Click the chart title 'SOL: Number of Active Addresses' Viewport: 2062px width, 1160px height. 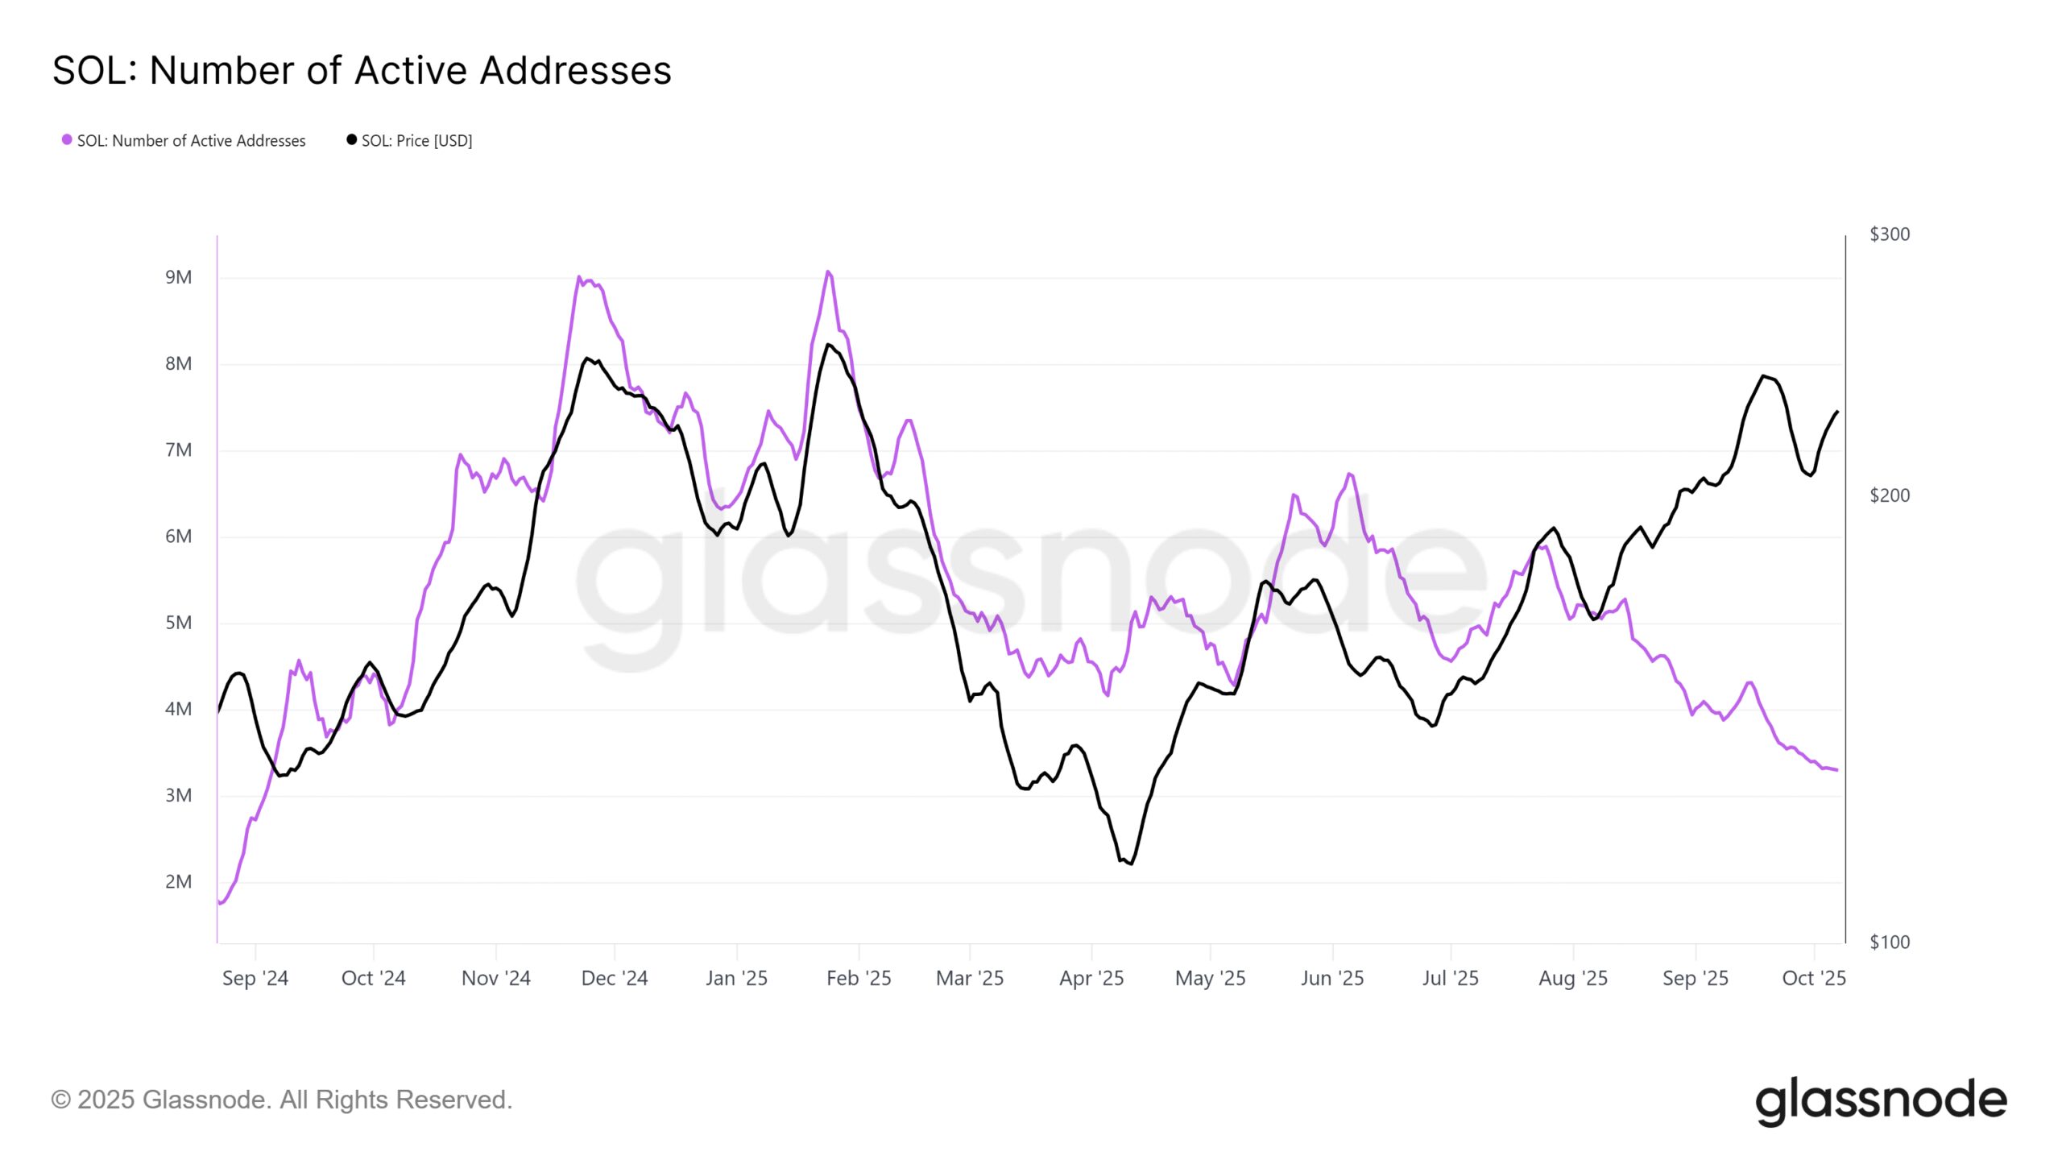tap(362, 70)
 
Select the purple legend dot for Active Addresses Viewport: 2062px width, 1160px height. tap(67, 139)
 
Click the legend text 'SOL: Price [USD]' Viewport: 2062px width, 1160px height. tap(416, 141)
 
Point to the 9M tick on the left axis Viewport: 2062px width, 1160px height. tap(178, 278)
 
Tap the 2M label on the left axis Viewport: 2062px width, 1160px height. tap(178, 882)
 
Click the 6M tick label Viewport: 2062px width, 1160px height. tap(178, 536)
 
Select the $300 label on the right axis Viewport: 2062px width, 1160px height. tap(1889, 234)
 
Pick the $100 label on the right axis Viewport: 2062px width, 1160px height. tap(1889, 942)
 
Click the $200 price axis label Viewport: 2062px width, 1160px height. tap(1889, 495)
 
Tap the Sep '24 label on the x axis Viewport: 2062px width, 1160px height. tap(255, 979)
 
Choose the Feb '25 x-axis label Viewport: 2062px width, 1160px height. tap(859, 979)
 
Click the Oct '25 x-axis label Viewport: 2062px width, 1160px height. tap(1813, 979)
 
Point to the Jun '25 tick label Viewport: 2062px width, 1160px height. tap(1332, 979)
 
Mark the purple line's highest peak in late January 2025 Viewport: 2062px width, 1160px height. tap(828, 272)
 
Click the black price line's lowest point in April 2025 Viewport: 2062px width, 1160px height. tap(1132, 864)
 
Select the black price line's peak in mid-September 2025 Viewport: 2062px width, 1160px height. tap(1764, 376)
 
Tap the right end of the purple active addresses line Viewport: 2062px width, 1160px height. tap(1836, 770)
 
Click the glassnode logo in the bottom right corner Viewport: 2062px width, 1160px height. tap(1881, 1101)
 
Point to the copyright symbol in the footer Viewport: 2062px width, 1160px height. tap(60, 1100)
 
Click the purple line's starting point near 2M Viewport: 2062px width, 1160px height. tap(220, 903)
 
